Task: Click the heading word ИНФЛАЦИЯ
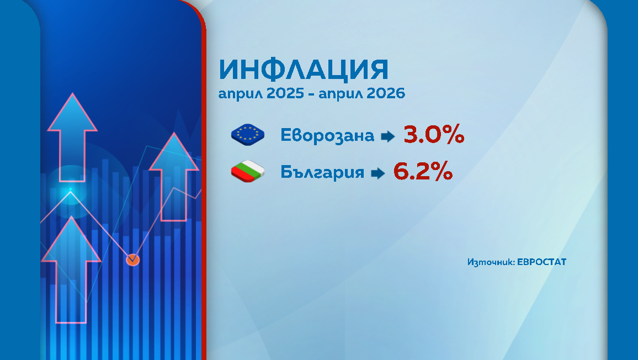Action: pos(304,70)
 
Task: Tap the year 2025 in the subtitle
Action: pos(285,94)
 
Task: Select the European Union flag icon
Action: pos(248,135)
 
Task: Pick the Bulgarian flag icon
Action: pos(248,172)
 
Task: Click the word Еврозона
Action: pos(327,135)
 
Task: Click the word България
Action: pos(322,172)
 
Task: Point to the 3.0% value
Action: pos(434,135)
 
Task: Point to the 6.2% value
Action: pos(423,172)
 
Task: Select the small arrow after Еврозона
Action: pos(389,136)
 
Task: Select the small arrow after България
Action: pos(378,173)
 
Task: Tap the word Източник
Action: pos(490,262)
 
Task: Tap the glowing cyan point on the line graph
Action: pos(70,191)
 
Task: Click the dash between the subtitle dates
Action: pos(312,94)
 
